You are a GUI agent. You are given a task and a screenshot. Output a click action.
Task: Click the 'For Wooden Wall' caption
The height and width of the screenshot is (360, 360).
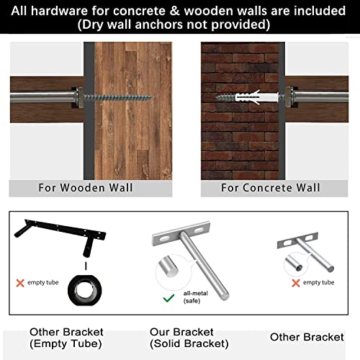coord(86,188)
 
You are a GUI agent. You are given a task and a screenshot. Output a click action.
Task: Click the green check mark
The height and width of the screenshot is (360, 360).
coord(168,297)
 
